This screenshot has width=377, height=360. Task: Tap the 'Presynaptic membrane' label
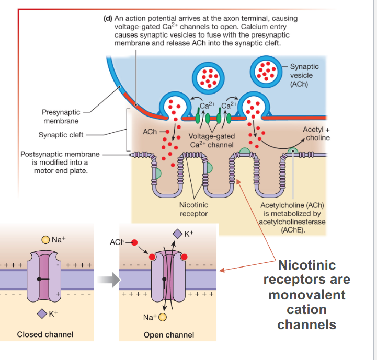[x=61, y=117]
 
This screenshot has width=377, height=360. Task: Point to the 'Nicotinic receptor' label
[x=193, y=210]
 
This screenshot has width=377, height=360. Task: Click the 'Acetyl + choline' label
[x=316, y=133]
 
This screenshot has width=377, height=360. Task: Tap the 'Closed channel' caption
[x=45, y=334]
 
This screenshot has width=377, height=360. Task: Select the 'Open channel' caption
[x=168, y=335]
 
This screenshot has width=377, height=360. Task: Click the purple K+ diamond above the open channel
[x=178, y=233]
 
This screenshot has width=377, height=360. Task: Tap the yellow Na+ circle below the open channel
[x=162, y=317]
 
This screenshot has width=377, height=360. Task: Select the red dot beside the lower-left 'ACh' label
[x=134, y=242]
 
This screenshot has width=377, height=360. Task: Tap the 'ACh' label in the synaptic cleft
[x=150, y=132]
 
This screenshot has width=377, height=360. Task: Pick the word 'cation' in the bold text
[x=307, y=309]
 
